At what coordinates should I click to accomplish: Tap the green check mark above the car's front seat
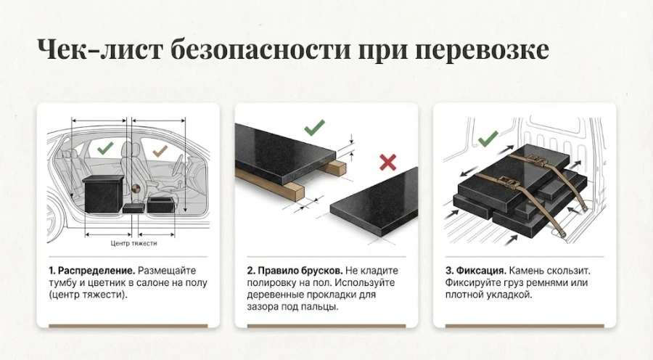[105, 150]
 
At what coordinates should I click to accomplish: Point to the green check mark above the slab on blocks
[314, 128]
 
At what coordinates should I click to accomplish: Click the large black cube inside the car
[104, 195]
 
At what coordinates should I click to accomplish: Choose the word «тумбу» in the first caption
[64, 282]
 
